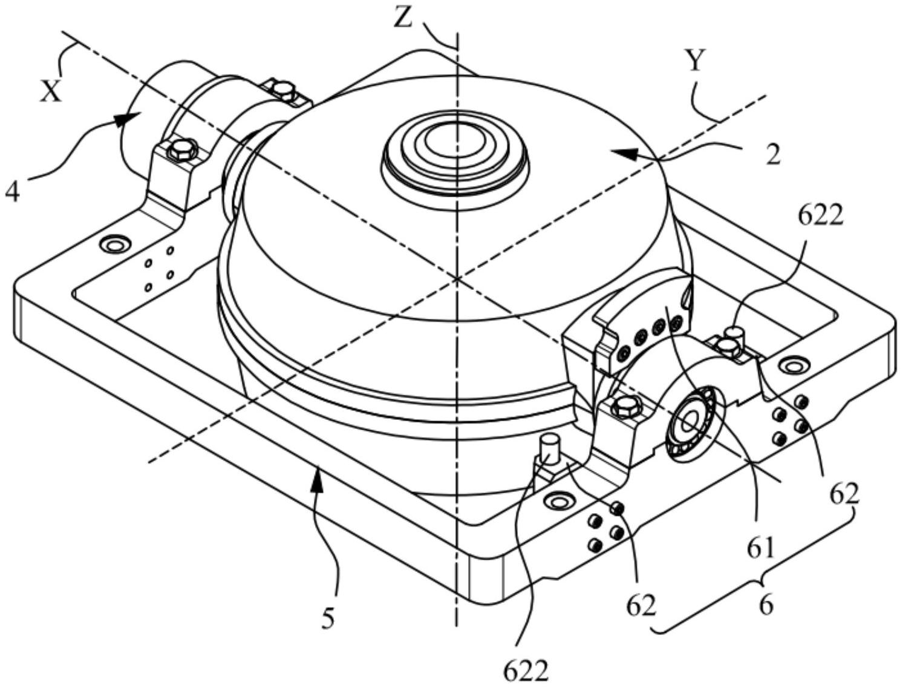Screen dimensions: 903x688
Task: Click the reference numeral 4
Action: point(13,192)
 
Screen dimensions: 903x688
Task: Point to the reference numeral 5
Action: point(328,620)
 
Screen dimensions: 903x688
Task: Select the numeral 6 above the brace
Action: point(766,606)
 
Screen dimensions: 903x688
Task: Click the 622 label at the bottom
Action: point(526,672)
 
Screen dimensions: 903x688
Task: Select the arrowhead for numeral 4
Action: point(125,119)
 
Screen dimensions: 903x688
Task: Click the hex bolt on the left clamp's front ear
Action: point(180,150)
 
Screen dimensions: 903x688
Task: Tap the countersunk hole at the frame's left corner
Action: point(114,245)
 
